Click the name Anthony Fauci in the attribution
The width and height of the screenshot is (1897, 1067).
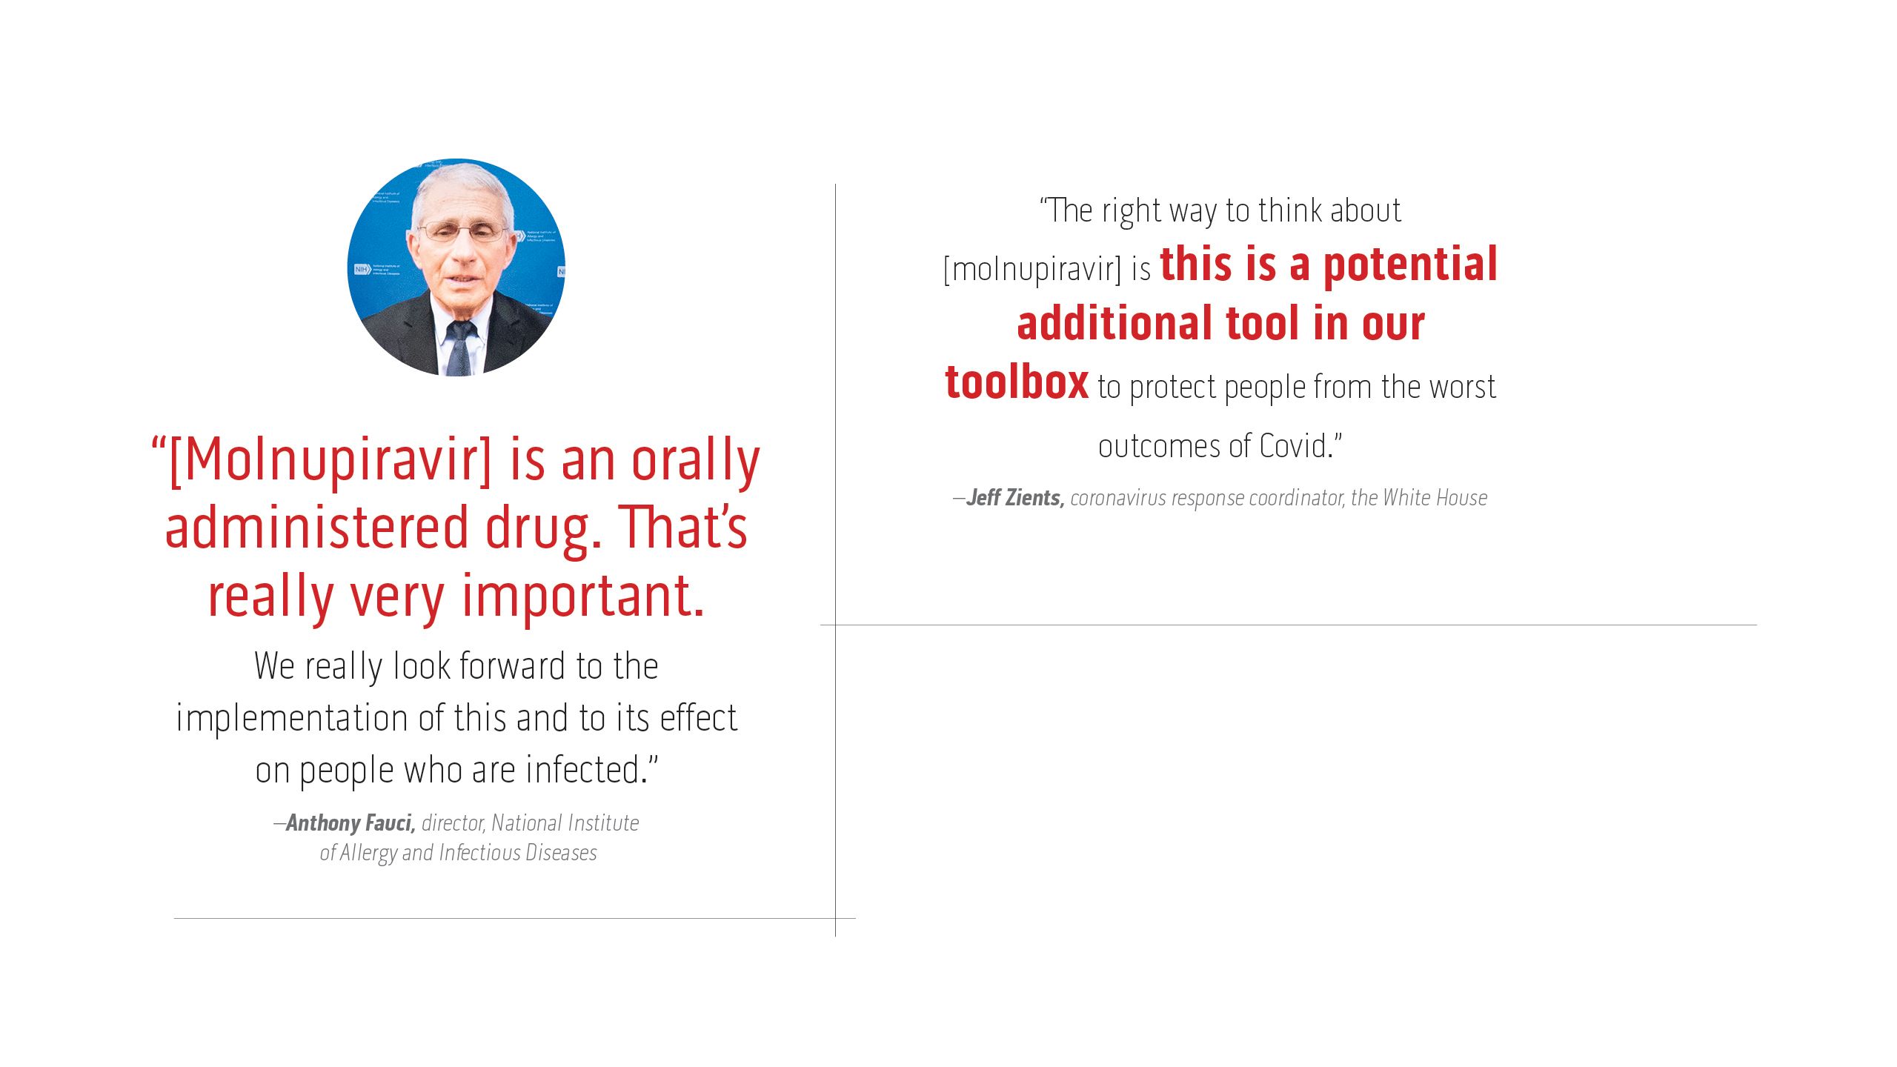coord(350,823)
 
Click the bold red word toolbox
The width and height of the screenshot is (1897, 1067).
coord(1017,383)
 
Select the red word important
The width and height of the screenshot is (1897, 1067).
coord(582,597)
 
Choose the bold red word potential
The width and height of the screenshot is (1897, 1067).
coord(1409,265)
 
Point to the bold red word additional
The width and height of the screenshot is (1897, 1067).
coord(1114,324)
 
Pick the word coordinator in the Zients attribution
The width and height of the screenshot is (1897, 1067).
coord(1296,498)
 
